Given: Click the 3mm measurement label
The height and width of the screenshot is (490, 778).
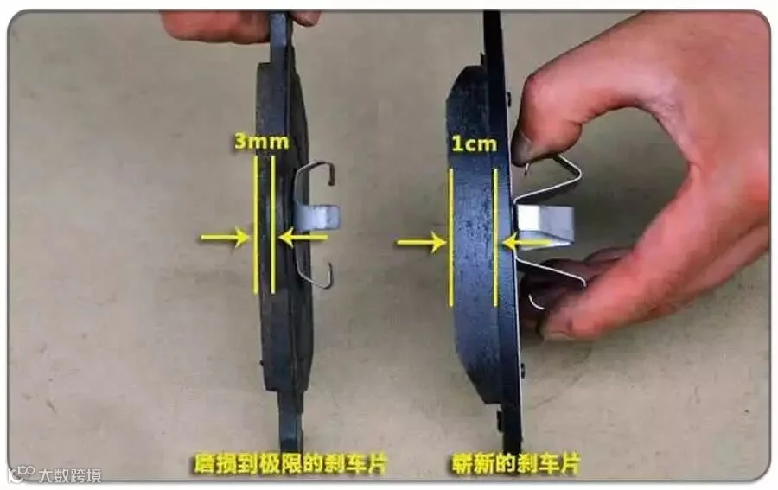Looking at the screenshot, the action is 261,142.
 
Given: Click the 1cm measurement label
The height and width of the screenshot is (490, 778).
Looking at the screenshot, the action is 474,143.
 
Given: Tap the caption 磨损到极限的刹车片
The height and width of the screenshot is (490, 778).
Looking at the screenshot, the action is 290,465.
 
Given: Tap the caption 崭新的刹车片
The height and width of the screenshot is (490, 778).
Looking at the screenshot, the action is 515,465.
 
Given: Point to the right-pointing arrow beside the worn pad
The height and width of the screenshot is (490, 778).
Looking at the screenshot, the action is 225,238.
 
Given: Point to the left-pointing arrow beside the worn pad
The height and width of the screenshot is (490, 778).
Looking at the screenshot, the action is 303,238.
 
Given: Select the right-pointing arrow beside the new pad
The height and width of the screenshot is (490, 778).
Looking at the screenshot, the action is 421,243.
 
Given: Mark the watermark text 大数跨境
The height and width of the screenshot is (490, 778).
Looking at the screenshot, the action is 71,475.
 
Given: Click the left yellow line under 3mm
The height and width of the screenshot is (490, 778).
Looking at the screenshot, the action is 256,225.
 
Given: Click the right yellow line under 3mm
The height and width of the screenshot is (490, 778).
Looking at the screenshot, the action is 273,225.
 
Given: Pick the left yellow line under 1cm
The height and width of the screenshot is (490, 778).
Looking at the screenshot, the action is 450,237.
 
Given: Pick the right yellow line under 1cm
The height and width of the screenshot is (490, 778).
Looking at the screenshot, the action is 495,237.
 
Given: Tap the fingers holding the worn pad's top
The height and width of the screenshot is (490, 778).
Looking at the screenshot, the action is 239,25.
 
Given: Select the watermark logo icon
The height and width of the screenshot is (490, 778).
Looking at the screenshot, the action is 22,474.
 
